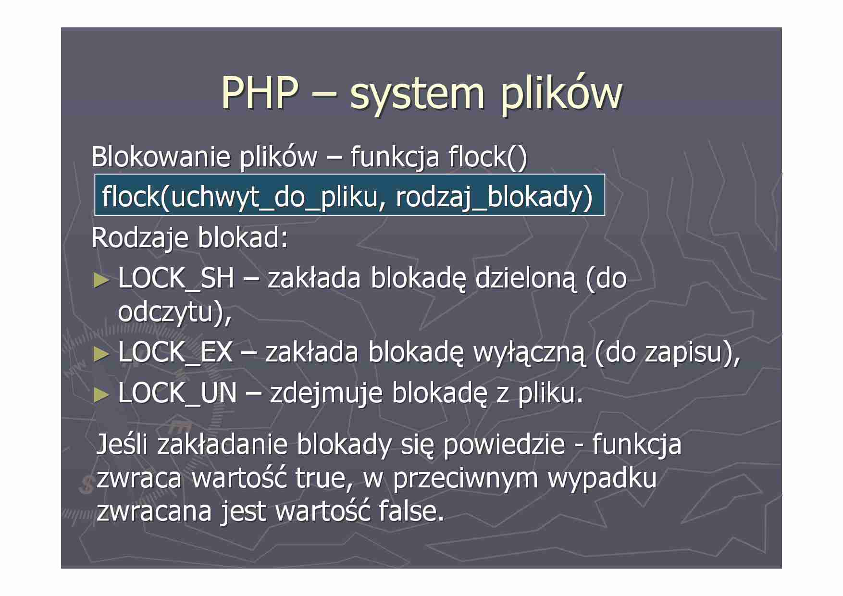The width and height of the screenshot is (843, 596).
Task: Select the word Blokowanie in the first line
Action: tap(160, 157)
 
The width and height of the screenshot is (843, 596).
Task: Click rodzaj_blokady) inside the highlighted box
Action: tap(494, 197)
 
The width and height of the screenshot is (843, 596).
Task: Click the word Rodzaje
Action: tap(139, 237)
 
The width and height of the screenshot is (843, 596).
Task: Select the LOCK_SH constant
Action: tap(176, 278)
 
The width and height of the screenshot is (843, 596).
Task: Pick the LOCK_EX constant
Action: tap(175, 352)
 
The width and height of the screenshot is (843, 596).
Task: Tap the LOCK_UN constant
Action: tap(177, 393)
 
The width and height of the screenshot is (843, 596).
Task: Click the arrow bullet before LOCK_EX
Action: tap(101, 354)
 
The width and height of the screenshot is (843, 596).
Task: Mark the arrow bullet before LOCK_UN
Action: tap(101, 395)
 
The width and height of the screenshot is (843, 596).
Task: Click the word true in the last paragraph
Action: tap(321, 478)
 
